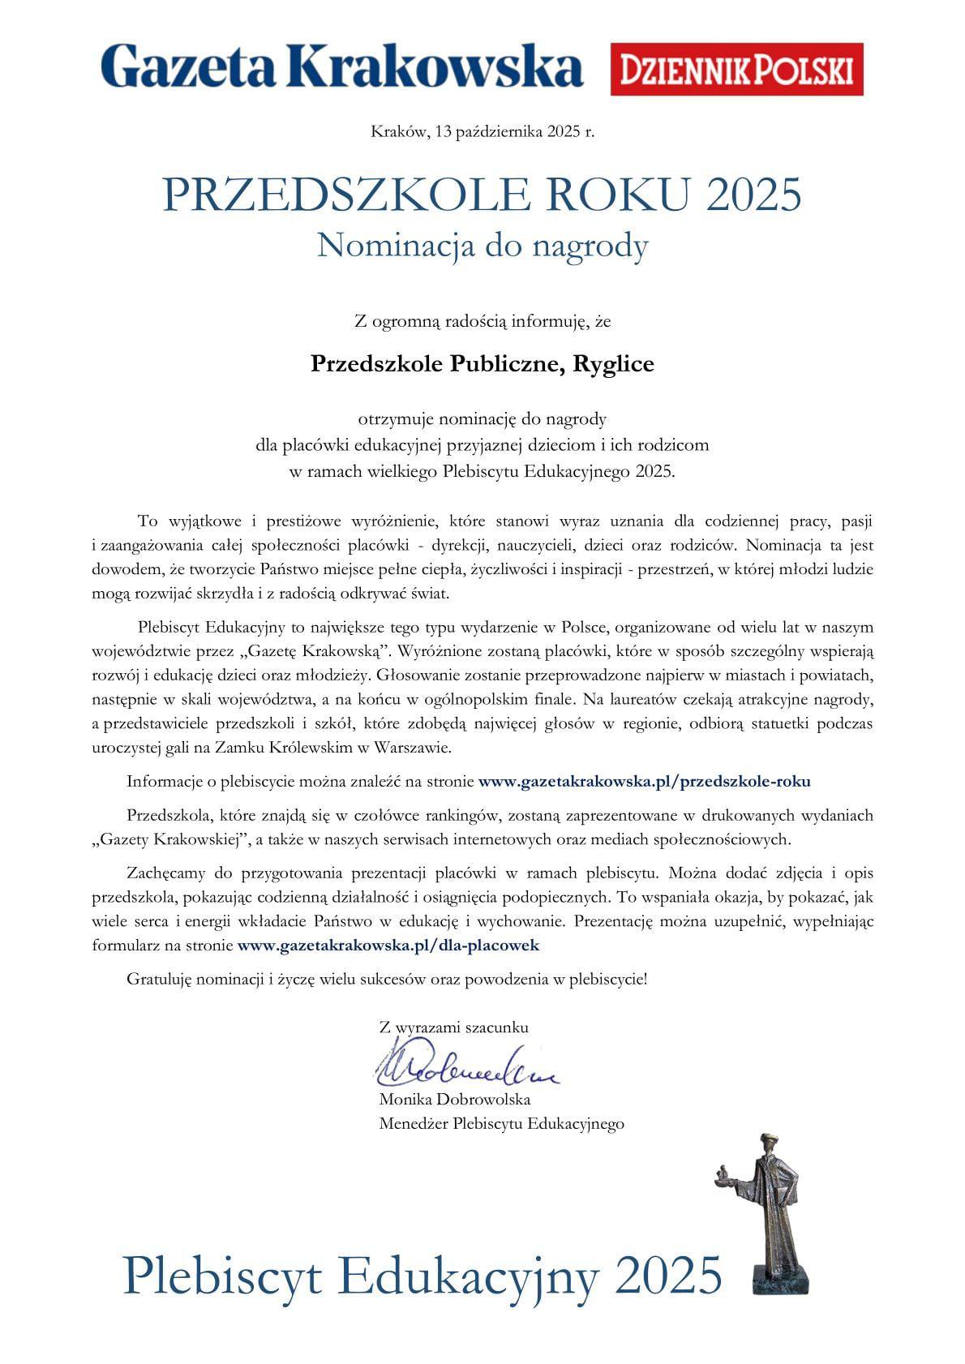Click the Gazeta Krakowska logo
point(341,68)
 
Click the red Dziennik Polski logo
point(736,70)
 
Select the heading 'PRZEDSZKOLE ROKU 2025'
point(482,195)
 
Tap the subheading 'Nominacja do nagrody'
point(482,246)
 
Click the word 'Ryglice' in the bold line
point(614,364)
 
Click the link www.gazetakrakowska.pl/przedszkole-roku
point(645,782)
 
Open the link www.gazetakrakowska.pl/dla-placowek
point(388,945)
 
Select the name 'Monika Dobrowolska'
point(454,1100)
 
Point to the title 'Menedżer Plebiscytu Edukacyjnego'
point(501,1123)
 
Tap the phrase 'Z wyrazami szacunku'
point(453,1027)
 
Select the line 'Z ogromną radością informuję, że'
point(482,322)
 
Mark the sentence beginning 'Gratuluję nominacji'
point(387,979)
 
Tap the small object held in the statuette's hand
point(720,1173)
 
